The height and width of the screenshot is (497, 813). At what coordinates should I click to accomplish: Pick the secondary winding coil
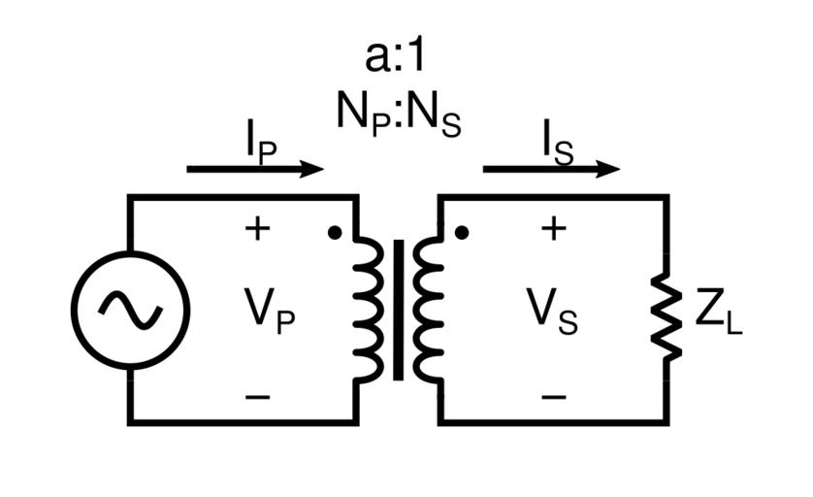coord(427,310)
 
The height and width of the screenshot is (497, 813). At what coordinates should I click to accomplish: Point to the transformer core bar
coord(398,310)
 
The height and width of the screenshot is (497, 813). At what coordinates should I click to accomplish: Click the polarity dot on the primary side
coord(334,233)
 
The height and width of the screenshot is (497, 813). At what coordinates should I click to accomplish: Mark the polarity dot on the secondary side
coord(463,233)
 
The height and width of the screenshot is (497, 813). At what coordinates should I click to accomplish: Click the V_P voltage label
coord(268,313)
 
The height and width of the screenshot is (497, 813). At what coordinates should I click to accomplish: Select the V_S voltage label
coord(552,313)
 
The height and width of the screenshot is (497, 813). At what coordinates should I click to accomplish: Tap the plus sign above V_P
coord(256,229)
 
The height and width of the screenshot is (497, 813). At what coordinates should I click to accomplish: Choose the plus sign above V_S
coord(553,229)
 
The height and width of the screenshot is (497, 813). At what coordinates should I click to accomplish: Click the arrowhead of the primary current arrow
coord(313,169)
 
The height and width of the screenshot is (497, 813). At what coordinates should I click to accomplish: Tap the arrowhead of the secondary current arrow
coord(609,169)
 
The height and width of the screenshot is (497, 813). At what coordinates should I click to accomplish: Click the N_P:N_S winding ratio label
coord(398,115)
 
